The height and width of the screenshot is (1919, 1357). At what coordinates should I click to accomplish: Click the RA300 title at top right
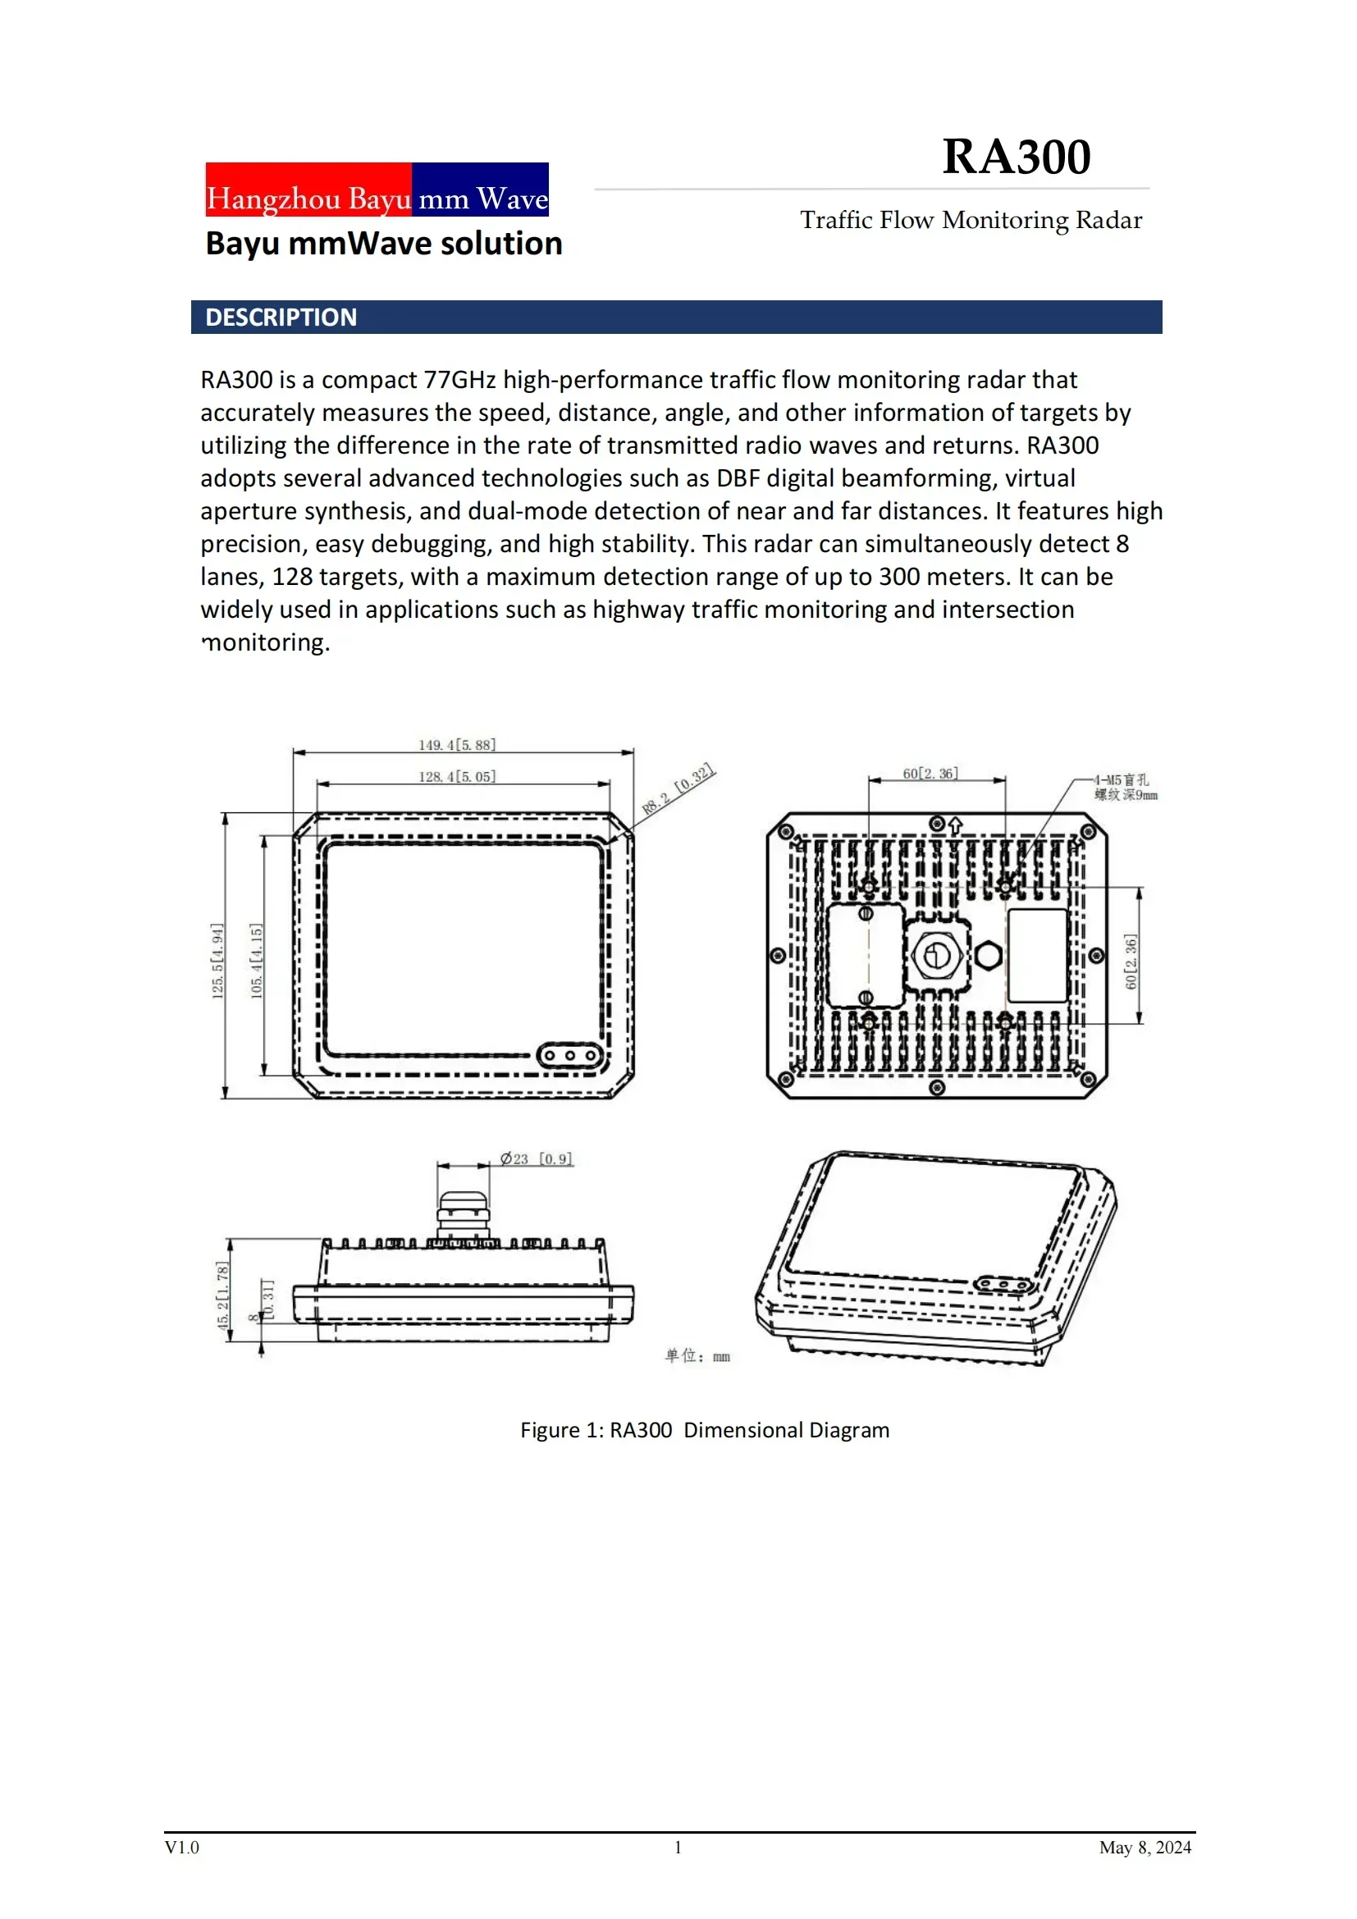tap(1016, 157)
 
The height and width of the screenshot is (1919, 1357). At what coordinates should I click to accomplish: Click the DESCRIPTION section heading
tap(281, 318)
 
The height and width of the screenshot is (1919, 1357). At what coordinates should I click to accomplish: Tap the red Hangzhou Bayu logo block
tap(308, 190)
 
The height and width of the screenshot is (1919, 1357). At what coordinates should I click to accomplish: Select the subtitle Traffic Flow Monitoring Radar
tap(971, 220)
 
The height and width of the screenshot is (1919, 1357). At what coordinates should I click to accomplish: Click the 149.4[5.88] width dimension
tap(457, 745)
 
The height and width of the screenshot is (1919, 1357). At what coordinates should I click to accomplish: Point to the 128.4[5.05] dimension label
tap(457, 776)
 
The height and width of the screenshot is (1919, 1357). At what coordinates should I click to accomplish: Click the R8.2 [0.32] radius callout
tap(678, 789)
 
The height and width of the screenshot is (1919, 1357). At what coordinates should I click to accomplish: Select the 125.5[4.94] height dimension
tap(217, 961)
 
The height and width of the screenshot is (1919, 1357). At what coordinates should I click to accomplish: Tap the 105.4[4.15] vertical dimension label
tap(257, 961)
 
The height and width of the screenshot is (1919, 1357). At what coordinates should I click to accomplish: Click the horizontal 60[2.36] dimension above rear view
tap(930, 773)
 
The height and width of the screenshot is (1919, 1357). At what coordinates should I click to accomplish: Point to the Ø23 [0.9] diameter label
tap(537, 1158)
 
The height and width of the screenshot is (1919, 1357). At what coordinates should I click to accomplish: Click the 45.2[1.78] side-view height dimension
tap(222, 1295)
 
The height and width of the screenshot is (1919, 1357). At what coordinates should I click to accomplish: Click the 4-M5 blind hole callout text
tap(1126, 788)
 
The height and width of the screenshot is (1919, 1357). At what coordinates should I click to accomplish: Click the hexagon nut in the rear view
tap(989, 955)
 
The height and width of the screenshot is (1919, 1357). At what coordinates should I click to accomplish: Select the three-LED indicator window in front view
tap(570, 1056)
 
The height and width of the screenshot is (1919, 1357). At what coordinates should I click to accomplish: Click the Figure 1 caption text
tap(705, 1430)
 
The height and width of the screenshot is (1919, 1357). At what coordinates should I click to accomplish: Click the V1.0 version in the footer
tap(181, 1848)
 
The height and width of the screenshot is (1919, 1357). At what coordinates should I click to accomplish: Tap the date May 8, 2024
tap(1145, 1848)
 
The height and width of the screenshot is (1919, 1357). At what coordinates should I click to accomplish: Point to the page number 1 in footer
tap(678, 1848)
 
